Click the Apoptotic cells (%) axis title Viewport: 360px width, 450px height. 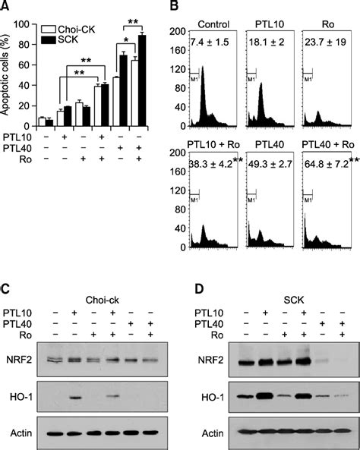tap(9, 72)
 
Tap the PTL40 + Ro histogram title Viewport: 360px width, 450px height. tap(327, 153)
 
